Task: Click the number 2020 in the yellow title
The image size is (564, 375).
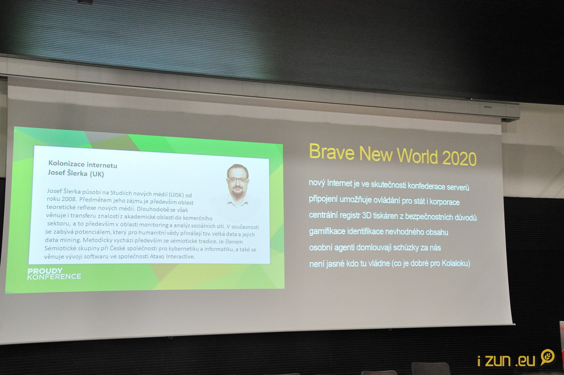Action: pyautogui.click(x=459, y=158)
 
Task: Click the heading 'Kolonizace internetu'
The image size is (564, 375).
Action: pyautogui.click(x=83, y=164)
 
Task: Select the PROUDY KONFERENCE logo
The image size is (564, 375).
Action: pyautogui.click(x=54, y=274)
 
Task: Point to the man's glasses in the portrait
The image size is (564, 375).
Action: pyautogui.click(x=237, y=180)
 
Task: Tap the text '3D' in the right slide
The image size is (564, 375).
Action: pyautogui.click(x=367, y=215)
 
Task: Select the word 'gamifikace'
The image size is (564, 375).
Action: pyautogui.click(x=327, y=231)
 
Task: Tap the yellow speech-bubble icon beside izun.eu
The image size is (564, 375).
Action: pyautogui.click(x=548, y=357)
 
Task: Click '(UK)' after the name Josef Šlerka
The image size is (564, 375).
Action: pyautogui.click(x=97, y=174)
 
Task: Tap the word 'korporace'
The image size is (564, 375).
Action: pyautogui.click(x=445, y=202)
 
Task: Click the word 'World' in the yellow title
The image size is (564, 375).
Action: pyautogui.click(x=417, y=156)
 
